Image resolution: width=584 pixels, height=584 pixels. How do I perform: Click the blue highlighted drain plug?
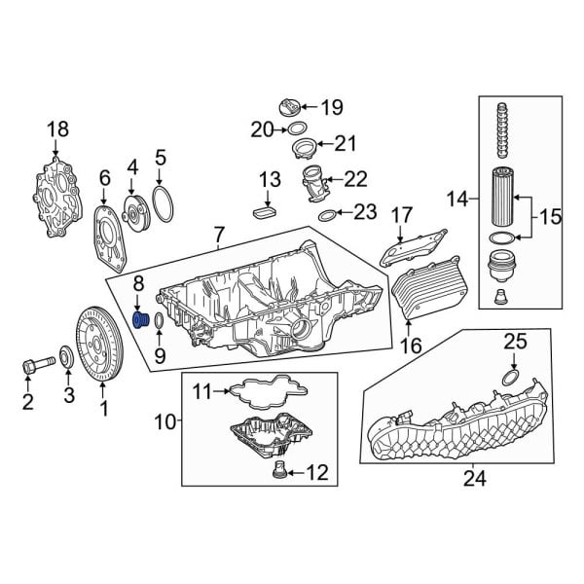[139, 321]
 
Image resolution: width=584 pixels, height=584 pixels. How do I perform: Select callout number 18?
[58, 129]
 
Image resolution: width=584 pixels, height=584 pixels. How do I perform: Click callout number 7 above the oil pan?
[218, 235]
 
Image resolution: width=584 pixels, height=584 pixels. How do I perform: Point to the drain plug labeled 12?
[279, 473]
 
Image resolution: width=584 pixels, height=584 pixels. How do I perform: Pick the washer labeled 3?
[66, 357]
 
